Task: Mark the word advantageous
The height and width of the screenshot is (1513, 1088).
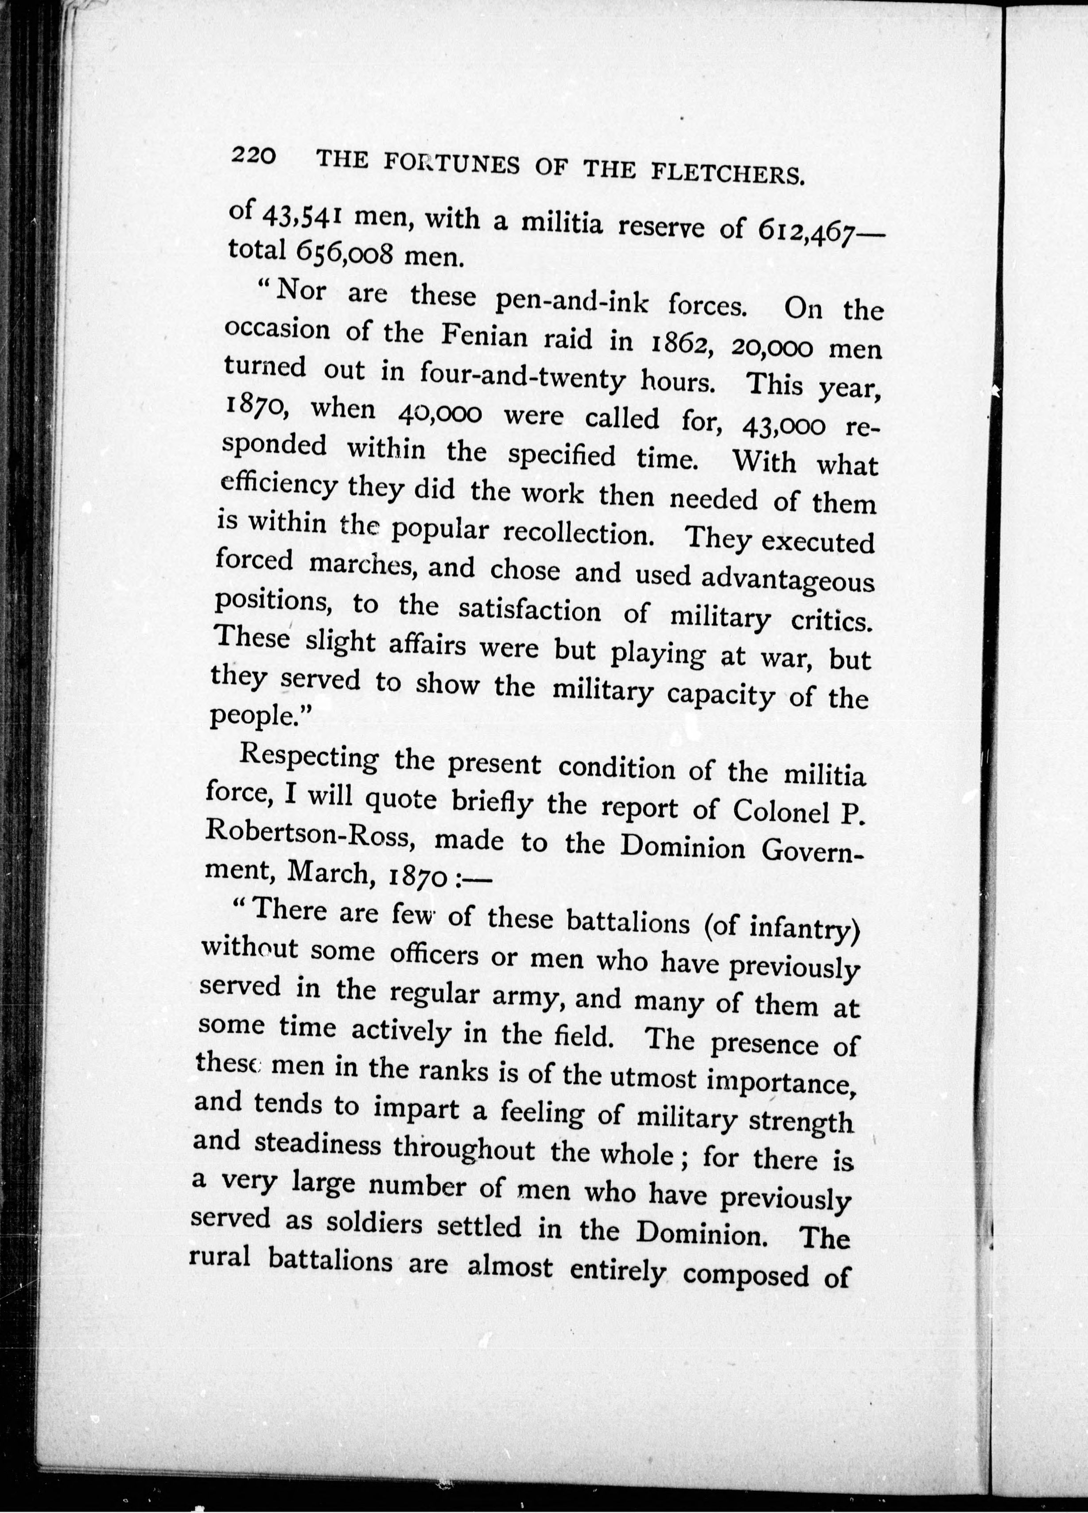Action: (x=787, y=580)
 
